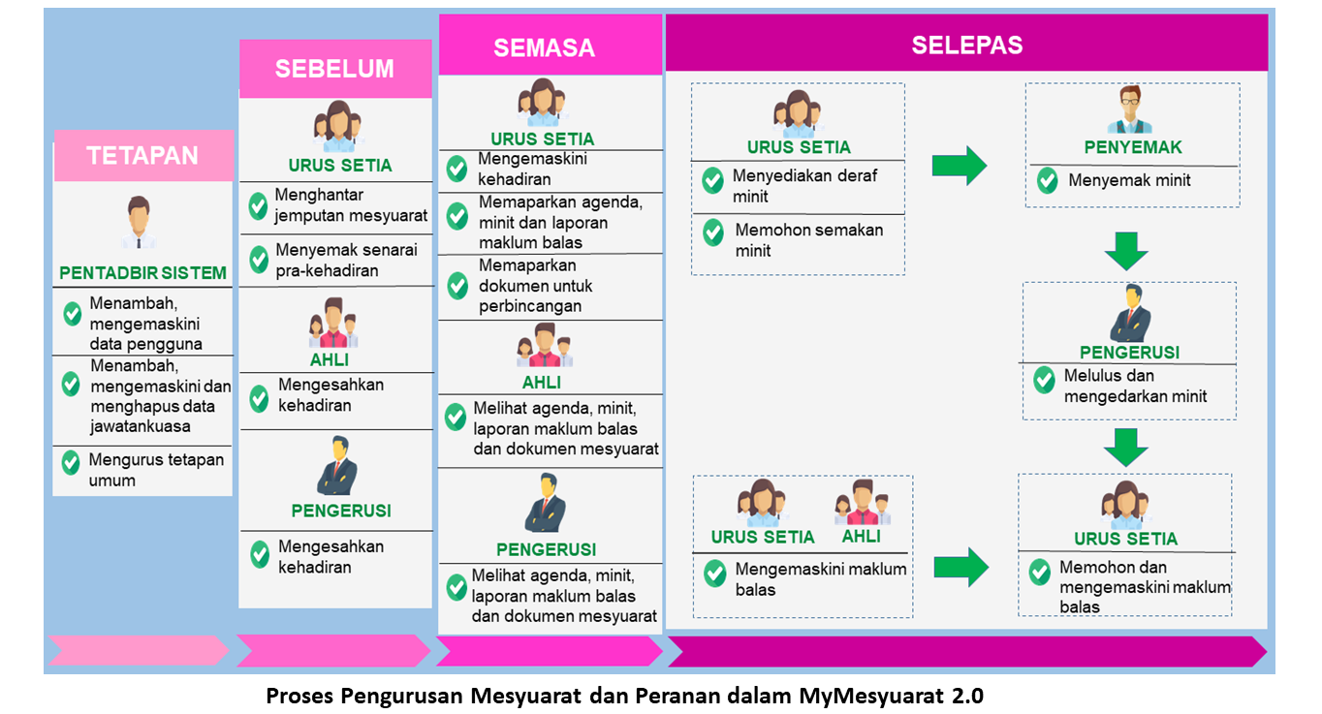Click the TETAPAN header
pos(142,156)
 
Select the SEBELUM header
pos(335,69)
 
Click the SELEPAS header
pos(966,44)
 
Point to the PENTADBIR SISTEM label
pos(142,272)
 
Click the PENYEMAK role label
pos(1133,147)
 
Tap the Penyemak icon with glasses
pos(1129,109)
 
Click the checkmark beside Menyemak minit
pos(1048,180)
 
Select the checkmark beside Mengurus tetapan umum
pos(71,463)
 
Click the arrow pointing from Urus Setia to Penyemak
pos(960,166)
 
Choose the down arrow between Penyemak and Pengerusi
pos(1126,251)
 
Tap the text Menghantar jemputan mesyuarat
pos(351,204)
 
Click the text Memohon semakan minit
pos(808,240)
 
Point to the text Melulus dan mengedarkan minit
pos(1135,386)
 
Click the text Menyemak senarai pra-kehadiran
pos(346,261)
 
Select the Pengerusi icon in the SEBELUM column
pos(337,466)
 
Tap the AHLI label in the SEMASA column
pos(541,383)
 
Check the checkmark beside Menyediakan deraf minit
pos(713,180)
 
